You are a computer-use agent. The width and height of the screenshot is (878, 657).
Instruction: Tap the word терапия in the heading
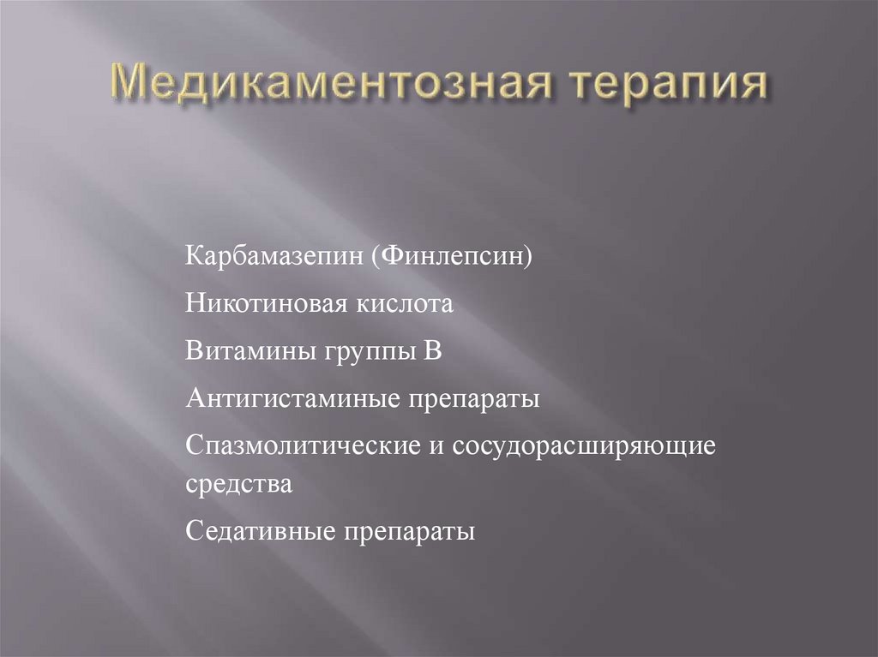point(670,85)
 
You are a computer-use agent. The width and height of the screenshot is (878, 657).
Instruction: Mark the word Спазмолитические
point(300,447)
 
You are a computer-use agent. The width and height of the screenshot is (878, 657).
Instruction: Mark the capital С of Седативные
point(193,532)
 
